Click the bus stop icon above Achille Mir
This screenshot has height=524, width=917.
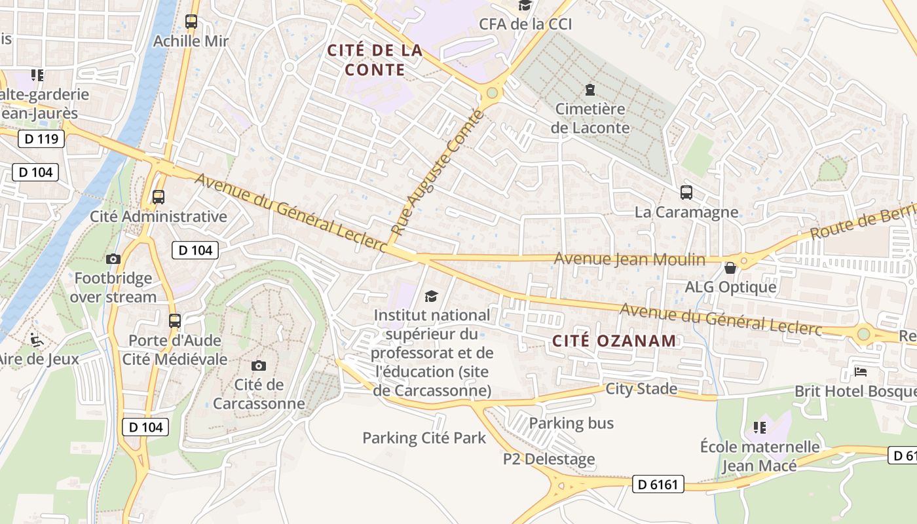[x=191, y=22]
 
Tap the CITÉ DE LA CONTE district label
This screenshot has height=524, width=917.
[x=375, y=60]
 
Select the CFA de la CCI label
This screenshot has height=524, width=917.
[x=525, y=24]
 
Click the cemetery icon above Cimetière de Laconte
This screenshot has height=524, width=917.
[x=590, y=89]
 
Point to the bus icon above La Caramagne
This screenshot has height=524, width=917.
[x=686, y=193]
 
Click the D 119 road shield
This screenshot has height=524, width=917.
[x=41, y=139]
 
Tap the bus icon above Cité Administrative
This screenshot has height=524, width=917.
[x=158, y=196]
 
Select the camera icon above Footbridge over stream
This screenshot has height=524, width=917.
[x=113, y=259]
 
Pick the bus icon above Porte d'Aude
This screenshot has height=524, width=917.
[x=175, y=321]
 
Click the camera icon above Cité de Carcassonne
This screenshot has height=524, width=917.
[x=259, y=365]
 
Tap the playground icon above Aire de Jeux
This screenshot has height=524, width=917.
[x=37, y=339]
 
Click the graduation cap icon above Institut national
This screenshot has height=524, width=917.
[x=431, y=297]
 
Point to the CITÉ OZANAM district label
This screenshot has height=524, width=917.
[x=614, y=341]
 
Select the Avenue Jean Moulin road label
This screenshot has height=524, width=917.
[x=629, y=259]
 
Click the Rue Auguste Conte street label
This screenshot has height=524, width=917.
[x=437, y=174]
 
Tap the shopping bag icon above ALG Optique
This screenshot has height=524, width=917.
[x=730, y=267]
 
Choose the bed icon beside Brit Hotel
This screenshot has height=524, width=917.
[x=861, y=372]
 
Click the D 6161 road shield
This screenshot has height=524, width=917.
[x=658, y=485]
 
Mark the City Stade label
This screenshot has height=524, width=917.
[x=641, y=389]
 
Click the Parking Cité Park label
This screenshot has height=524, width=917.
[x=424, y=438]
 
